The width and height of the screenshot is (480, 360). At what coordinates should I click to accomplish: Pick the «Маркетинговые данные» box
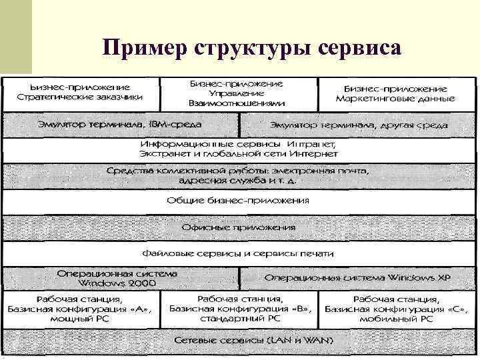[395, 93]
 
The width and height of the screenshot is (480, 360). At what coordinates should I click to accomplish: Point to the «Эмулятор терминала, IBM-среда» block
[120, 124]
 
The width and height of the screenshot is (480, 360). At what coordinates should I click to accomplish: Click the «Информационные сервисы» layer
[239, 149]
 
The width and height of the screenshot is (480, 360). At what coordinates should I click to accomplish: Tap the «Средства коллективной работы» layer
[239, 175]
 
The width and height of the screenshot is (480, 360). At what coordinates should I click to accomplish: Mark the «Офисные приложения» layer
[237, 227]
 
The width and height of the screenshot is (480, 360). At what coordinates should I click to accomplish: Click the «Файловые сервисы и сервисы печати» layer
[237, 253]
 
